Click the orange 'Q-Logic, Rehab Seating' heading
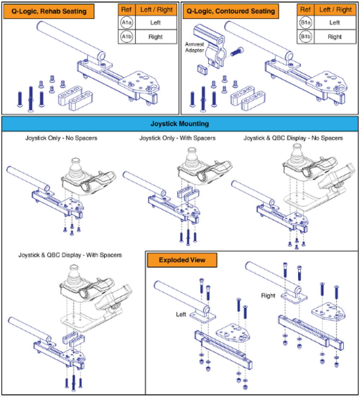49,12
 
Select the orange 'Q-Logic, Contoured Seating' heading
230,12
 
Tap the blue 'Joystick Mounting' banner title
180,124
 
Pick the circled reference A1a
126,23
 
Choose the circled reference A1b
126,37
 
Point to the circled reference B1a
305,23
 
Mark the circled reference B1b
305,37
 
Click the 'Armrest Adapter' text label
195,47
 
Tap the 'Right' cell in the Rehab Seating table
156,37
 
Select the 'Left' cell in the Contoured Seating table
334,23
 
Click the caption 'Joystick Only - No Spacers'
61,138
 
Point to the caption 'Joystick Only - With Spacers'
177,138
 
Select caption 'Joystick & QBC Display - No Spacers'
293,138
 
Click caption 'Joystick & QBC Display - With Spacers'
70,255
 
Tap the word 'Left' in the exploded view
181,314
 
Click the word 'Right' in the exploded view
268,296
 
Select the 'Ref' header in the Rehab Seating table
126,10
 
